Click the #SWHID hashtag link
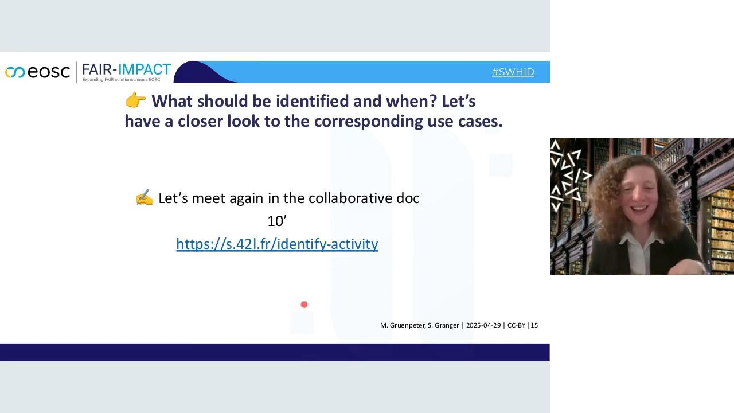coord(513,72)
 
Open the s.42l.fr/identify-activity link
coord(277,244)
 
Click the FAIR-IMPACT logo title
coord(126,69)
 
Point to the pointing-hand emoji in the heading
coord(135,101)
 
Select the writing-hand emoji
coord(144,198)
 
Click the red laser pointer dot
coord(304,305)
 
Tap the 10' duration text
coord(277,221)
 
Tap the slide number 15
coord(534,325)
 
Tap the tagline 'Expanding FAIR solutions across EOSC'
coord(121,79)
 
